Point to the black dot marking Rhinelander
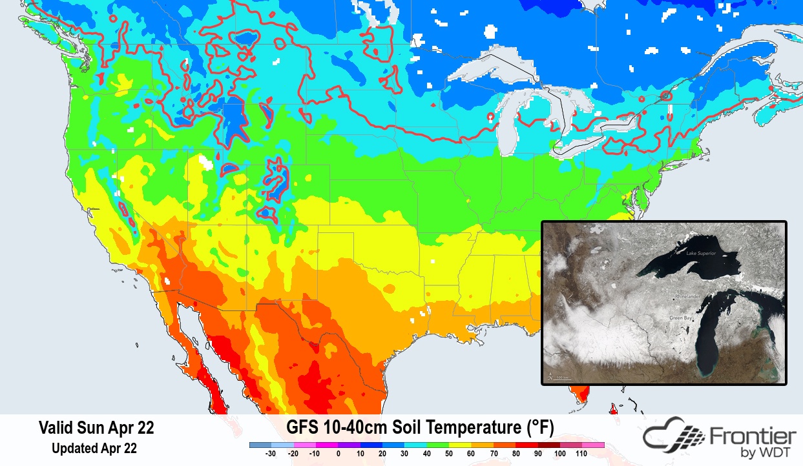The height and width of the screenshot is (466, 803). tap(675, 299)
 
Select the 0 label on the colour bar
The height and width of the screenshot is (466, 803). tap(338, 454)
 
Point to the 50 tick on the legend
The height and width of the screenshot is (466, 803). tap(448, 454)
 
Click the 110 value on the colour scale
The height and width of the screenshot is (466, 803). tap(581, 454)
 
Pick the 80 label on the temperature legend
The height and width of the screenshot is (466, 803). tap(515, 454)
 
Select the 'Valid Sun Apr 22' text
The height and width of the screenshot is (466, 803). tap(96, 427)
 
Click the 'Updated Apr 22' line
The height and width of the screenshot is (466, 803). tap(94, 447)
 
